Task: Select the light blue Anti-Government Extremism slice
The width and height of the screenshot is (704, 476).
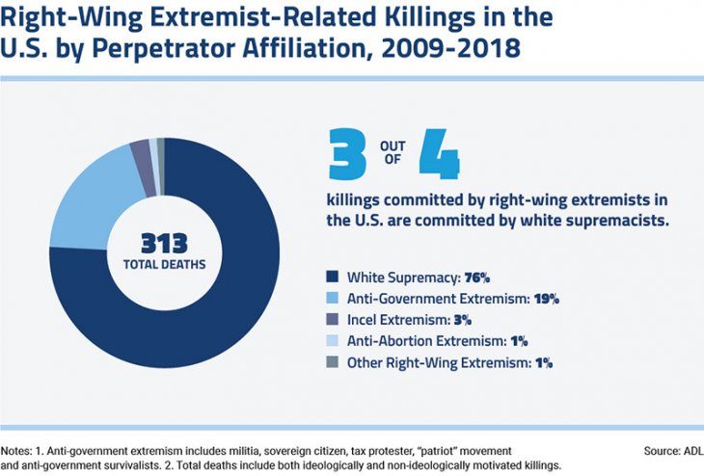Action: coord(83,197)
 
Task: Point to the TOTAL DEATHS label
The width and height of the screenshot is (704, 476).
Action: coord(163,263)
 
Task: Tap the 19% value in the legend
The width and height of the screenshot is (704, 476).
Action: coord(549,297)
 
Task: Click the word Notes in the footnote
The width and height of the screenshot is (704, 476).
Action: coord(17,450)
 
